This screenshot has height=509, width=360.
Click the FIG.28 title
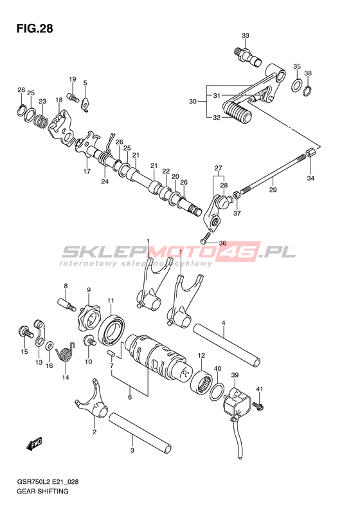point(35,29)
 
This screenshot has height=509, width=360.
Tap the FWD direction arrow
point(34,444)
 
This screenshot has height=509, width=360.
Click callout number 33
point(246,35)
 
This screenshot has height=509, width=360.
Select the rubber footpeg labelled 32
point(237,112)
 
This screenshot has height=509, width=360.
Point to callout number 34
point(310,178)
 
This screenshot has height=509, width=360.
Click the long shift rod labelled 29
point(273,172)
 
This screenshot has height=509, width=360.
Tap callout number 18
point(59,100)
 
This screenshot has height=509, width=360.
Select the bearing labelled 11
point(112,329)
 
